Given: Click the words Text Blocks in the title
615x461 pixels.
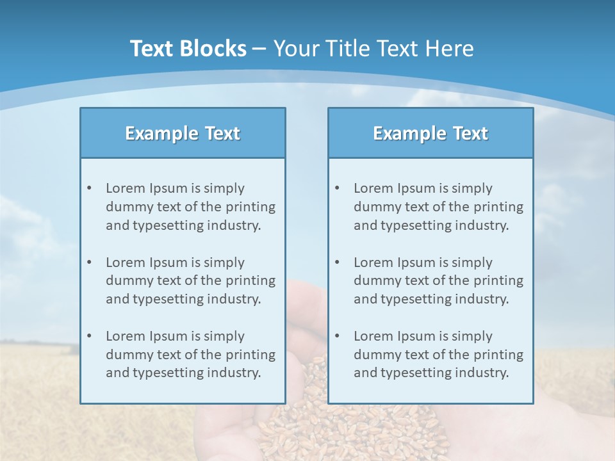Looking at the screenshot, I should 188,49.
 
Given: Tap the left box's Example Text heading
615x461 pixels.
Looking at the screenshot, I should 183,133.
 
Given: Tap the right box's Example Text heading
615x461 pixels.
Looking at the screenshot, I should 430,133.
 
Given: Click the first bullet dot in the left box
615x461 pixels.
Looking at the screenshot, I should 89,188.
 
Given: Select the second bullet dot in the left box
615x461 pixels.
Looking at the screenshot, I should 89,263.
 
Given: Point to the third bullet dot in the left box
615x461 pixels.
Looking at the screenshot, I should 89,336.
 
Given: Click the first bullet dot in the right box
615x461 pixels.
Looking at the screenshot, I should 337,188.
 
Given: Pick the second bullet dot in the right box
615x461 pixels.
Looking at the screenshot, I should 337,263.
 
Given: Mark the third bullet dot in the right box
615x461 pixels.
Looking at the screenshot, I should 337,336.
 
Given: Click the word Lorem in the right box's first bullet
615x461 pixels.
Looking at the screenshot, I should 372,188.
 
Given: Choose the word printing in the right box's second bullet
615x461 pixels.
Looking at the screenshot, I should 498,280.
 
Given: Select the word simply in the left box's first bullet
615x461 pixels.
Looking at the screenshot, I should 224,188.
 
